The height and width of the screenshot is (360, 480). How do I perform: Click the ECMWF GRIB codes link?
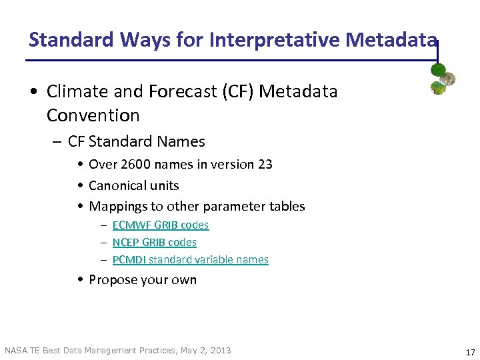[x=161, y=225]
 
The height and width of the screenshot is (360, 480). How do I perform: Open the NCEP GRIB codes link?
[x=155, y=243]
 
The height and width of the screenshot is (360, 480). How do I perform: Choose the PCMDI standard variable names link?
[x=191, y=260]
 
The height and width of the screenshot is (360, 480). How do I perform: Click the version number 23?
[x=265, y=164]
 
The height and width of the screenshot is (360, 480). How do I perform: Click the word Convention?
[x=93, y=115]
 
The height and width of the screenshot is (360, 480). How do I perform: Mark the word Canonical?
[x=115, y=185]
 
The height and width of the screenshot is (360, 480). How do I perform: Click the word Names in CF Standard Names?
[x=183, y=141]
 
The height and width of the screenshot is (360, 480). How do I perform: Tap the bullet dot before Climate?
[x=35, y=92]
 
